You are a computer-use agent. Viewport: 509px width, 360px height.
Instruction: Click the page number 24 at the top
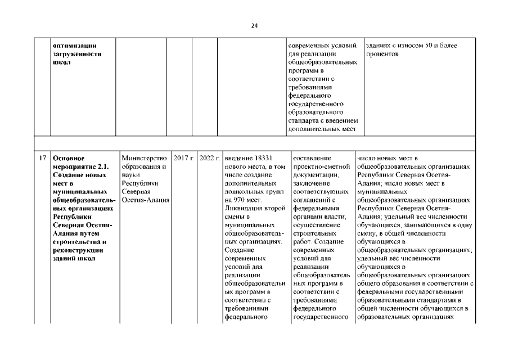(x=254, y=25)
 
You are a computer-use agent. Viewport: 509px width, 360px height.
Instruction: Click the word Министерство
(x=145, y=159)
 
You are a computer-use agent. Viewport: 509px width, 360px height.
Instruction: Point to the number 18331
(x=262, y=159)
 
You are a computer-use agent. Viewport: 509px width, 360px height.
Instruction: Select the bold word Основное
(x=69, y=159)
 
